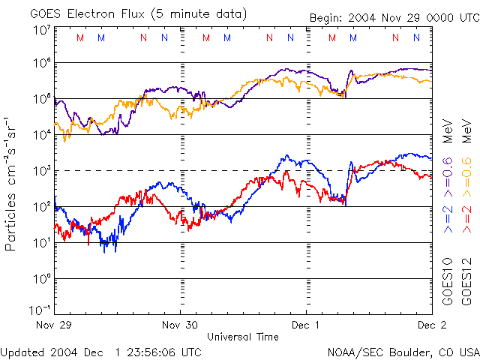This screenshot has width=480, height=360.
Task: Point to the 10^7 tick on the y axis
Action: click(x=42, y=30)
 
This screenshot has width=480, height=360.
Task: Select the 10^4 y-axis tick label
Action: click(x=42, y=135)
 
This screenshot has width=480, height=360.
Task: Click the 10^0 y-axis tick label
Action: click(x=42, y=279)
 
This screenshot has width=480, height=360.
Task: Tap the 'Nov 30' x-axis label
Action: click(x=181, y=325)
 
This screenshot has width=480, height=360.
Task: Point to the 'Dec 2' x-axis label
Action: click(x=430, y=325)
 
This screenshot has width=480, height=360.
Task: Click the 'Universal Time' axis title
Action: click(x=243, y=337)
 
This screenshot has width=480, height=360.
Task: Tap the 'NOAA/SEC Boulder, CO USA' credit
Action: click(x=403, y=352)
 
